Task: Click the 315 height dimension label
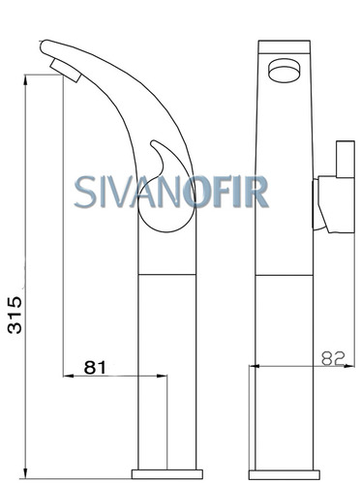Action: (15, 315)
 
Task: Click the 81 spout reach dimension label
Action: (95, 367)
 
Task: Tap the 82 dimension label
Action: (333, 358)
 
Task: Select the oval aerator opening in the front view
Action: (285, 71)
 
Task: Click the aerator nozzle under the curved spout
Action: (65, 71)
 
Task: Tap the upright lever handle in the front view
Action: (345, 159)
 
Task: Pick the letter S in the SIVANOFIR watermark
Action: (85, 192)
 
